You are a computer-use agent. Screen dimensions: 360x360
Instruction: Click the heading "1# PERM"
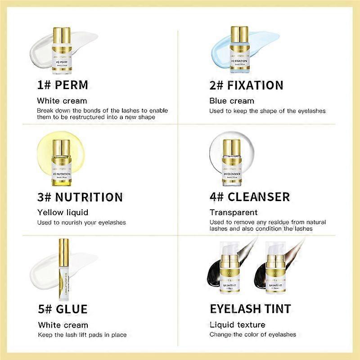coord(63,85)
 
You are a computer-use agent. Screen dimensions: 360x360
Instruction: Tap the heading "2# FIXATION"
coord(246,85)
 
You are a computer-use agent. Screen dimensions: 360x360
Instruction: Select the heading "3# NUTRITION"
coord(80,197)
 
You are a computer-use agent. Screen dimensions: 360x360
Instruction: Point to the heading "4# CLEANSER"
coord(249,197)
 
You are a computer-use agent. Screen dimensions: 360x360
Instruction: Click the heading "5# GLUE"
coord(63,309)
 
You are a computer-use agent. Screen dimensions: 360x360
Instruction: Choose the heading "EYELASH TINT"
coord(250,309)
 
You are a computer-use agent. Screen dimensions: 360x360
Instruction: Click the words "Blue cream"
coord(232,101)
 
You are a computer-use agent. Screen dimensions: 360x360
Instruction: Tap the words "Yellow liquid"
coord(63,212)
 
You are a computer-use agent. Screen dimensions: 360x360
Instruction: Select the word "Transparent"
coord(234,212)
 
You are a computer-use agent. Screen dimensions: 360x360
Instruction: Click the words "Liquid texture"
coord(237,324)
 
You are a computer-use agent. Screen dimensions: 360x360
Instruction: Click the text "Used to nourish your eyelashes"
coord(81,222)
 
